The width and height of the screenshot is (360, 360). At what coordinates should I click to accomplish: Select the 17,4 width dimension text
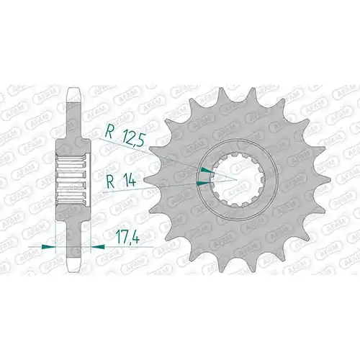[127, 237]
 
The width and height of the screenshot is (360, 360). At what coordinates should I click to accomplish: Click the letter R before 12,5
[109, 132]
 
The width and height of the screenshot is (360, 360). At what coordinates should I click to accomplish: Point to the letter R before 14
[110, 182]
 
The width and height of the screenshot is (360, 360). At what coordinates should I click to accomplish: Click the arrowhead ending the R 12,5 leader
[207, 171]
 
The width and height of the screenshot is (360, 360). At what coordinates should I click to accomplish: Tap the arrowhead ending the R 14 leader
[204, 184]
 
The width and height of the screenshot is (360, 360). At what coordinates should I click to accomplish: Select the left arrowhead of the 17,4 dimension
[48, 246]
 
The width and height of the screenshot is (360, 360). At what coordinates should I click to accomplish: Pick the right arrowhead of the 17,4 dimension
[98, 246]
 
